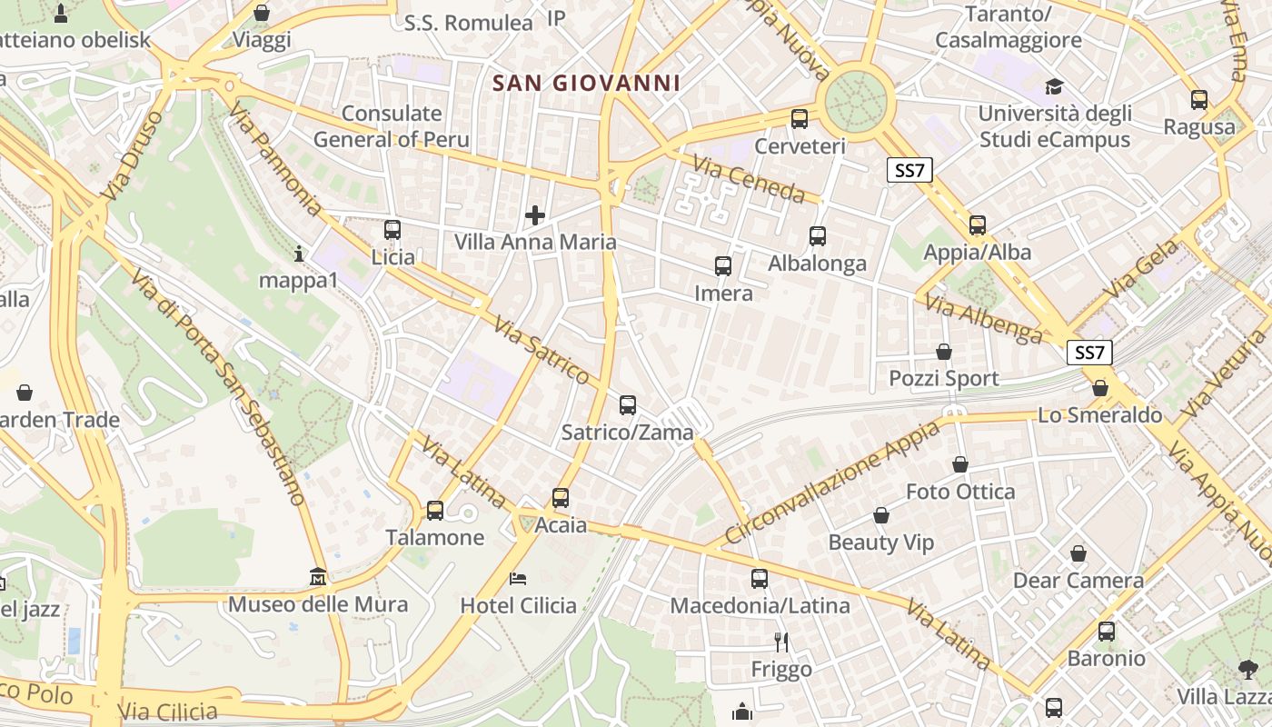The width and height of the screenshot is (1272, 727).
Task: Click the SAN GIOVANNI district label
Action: coord(586,84)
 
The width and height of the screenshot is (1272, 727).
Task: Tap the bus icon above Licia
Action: coord(393,230)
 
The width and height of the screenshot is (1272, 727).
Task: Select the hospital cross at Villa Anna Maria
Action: coord(535,215)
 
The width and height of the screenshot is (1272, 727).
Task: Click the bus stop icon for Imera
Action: coord(723,266)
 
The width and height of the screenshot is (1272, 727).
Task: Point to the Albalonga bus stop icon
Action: coord(818,236)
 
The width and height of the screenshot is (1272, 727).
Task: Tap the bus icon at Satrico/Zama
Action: coord(628,405)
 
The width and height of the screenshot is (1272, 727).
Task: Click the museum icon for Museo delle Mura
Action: coord(318,576)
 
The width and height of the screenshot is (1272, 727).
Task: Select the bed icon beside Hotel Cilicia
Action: coord(518,578)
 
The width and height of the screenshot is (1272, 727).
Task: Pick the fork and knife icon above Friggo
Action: coord(781,642)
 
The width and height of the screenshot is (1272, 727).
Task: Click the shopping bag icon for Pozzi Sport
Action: coord(944,351)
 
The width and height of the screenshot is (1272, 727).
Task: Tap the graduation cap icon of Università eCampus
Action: coord(1054,86)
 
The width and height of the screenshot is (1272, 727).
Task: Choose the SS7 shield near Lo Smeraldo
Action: coord(1089,353)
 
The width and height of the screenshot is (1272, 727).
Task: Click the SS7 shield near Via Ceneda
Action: coord(909,170)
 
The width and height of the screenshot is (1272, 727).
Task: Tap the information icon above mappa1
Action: coord(298,254)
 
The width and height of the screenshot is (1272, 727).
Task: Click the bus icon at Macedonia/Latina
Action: coord(760,578)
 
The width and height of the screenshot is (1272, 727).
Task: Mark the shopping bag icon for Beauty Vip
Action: coord(880,516)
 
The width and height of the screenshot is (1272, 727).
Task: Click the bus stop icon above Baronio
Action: coord(1107,631)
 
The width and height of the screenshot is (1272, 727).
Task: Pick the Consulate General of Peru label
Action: coord(392,126)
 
